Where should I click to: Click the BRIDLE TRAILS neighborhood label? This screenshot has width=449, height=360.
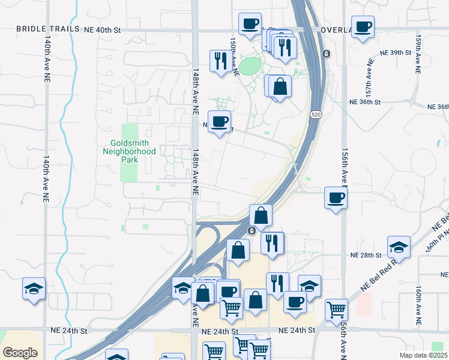pos(47,29)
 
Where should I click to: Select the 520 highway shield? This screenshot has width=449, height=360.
pos(315,115)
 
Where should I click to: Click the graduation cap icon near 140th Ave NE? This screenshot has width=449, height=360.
pos(34,289)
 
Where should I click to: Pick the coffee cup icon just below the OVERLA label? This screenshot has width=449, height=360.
pos(363,27)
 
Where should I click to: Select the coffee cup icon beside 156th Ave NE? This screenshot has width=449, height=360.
pos(336,197)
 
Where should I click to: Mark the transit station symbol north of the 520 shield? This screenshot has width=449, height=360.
pos(325,54)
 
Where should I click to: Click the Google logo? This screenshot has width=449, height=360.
pos(20,353)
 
